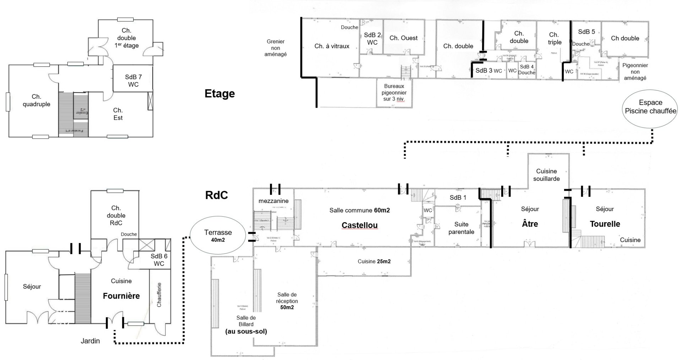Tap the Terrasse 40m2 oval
218,236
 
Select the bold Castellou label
359,225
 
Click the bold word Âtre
530,224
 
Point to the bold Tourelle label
605,224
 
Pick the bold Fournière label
121,296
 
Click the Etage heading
220,93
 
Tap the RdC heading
216,195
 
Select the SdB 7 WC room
133,81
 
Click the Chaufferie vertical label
159,295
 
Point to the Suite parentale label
461,228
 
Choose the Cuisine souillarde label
546,175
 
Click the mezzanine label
274,201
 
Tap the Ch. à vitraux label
332,46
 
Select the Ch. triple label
554,38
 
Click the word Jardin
90,341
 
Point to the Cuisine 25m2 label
374,261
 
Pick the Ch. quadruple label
36,100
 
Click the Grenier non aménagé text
276,48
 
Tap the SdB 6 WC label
159,260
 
